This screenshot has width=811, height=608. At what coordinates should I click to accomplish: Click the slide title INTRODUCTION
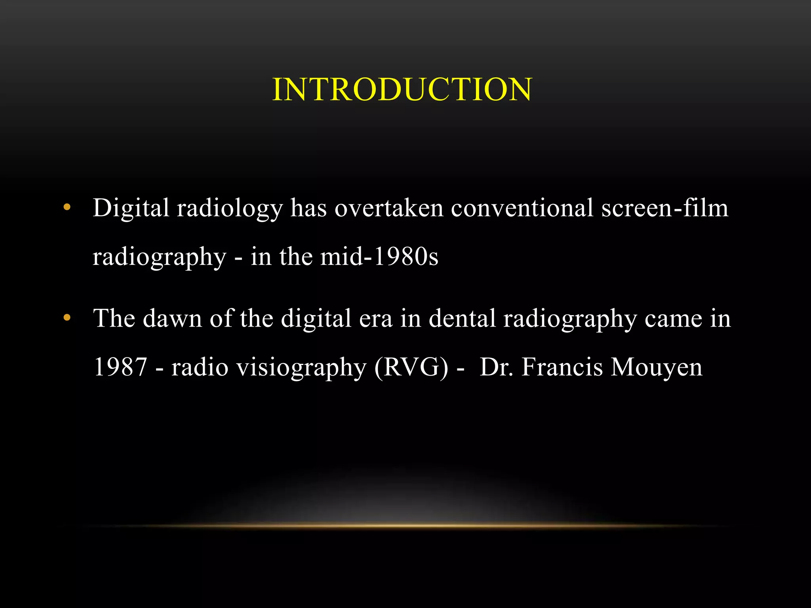(x=402, y=89)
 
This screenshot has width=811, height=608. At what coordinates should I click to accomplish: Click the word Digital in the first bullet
(x=131, y=208)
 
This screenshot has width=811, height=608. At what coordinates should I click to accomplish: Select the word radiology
(x=230, y=209)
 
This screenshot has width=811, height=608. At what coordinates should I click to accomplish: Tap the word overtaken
(x=389, y=208)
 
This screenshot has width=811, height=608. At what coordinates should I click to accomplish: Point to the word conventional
(x=522, y=208)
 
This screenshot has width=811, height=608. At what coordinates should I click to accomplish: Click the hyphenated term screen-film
(x=665, y=208)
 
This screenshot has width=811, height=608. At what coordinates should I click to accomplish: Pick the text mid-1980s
(x=379, y=256)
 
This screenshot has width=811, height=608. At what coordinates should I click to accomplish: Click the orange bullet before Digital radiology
(x=67, y=207)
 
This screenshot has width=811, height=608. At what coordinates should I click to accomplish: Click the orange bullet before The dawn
(x=67, y=317)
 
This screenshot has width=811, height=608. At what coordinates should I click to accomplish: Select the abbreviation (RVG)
(x=411, y=367)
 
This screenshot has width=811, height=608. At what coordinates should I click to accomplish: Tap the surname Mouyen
(x=657, y=367)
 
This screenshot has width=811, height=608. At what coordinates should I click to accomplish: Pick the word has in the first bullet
(x=308, y=208)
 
